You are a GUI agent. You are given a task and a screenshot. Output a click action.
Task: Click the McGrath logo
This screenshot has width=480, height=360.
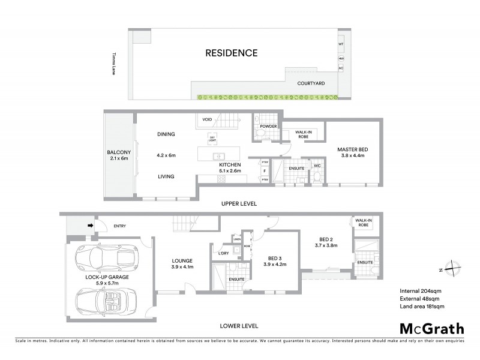(431, 328)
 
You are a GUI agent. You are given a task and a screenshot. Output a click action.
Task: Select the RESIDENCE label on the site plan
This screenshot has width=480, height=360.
(232, 53)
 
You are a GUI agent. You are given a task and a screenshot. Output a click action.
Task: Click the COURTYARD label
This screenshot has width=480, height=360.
(311, 83)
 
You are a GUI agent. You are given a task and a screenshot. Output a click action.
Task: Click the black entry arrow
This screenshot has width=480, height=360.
(91, 226)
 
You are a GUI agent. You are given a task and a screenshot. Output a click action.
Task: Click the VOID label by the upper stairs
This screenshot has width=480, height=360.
(207, 119)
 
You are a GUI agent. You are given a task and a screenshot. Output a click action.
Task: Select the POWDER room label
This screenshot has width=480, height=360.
(268, 126)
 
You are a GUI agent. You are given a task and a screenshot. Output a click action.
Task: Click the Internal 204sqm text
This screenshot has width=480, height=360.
(420, 292)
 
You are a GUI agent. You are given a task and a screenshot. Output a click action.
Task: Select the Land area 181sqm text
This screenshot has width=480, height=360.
(422, 307)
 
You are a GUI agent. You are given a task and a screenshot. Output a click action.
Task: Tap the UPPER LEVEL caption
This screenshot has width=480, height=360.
(239, 204)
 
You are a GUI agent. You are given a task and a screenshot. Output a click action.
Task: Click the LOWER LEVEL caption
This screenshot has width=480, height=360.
(239, 326)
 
